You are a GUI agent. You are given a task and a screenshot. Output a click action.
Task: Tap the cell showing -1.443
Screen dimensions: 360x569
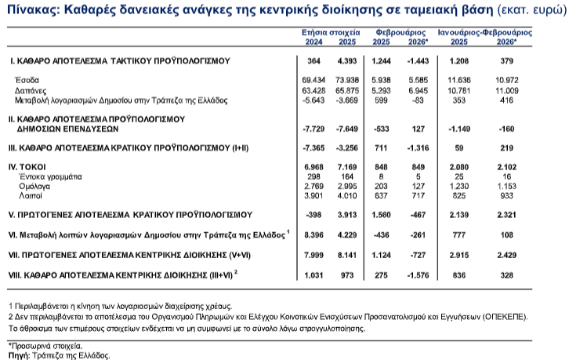click(419, 60)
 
